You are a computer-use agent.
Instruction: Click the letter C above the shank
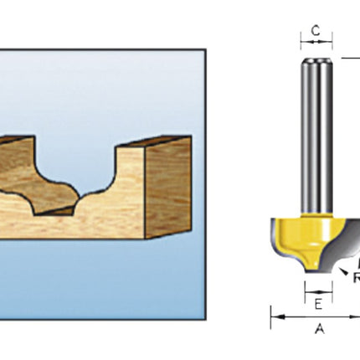[316, 31]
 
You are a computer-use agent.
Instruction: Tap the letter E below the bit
[316, 305]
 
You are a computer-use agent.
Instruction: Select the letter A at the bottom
[319, 329]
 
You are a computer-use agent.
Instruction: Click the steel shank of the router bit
[316, 134]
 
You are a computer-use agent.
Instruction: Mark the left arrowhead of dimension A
[273, 316]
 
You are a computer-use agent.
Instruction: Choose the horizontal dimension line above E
[316, 291]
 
